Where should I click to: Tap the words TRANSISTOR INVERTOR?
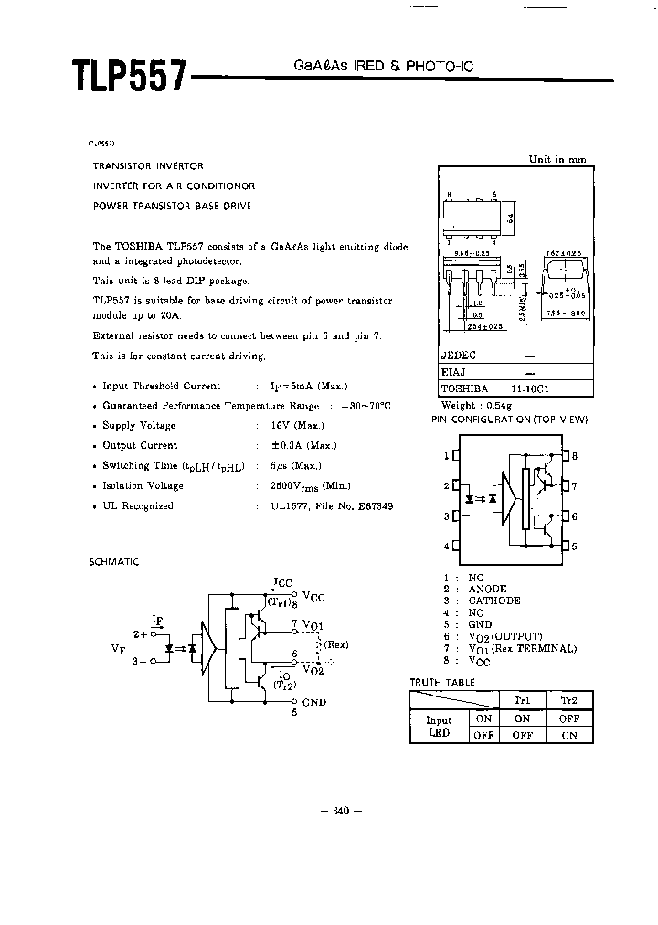pos(148,166)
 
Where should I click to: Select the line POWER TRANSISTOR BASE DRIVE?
pos(172,206)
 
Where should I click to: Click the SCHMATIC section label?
pos(114,562)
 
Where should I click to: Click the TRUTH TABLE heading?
pos(443,683)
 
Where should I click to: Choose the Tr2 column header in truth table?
pos(568,699)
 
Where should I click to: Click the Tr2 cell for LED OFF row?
pos(568,734)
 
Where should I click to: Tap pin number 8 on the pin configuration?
pos(574,455)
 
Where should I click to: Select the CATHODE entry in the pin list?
pos(494,601)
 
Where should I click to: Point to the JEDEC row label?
pos(459,356)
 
